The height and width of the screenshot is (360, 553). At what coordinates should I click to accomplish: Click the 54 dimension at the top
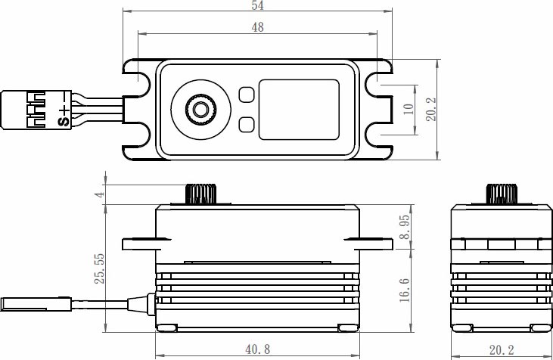[257, 5]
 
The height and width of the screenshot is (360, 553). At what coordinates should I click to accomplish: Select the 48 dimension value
[257, 27]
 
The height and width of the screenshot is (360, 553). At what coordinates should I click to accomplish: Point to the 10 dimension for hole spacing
[408, 109]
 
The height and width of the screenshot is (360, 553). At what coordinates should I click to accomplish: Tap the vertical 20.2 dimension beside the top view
[430, 110]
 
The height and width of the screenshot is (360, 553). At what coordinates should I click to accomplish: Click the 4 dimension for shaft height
[101, 194]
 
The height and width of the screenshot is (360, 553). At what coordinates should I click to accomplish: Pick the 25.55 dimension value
[99, 268]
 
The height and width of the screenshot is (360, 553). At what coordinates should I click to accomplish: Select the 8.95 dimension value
[405, 227]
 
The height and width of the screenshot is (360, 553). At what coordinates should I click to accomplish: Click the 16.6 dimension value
[405, 290]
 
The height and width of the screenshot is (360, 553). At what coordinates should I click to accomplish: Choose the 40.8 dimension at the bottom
[257, 349]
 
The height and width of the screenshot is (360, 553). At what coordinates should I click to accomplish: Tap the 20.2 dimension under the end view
[502, 350]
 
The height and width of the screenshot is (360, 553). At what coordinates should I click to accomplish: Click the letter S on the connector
[64, 122]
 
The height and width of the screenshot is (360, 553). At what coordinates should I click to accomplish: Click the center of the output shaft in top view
[200, 110]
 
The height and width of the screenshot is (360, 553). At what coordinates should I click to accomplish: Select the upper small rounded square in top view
[247, 95]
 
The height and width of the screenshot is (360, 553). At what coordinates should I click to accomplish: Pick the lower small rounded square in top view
[247, 125]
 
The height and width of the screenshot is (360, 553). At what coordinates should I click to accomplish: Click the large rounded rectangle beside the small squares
[299, 110]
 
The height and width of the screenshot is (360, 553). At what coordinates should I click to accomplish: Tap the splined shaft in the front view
[200, 194]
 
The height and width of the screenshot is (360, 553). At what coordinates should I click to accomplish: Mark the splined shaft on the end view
[502, 194]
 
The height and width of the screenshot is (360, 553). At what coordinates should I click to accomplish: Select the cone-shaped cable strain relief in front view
[138, 304]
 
